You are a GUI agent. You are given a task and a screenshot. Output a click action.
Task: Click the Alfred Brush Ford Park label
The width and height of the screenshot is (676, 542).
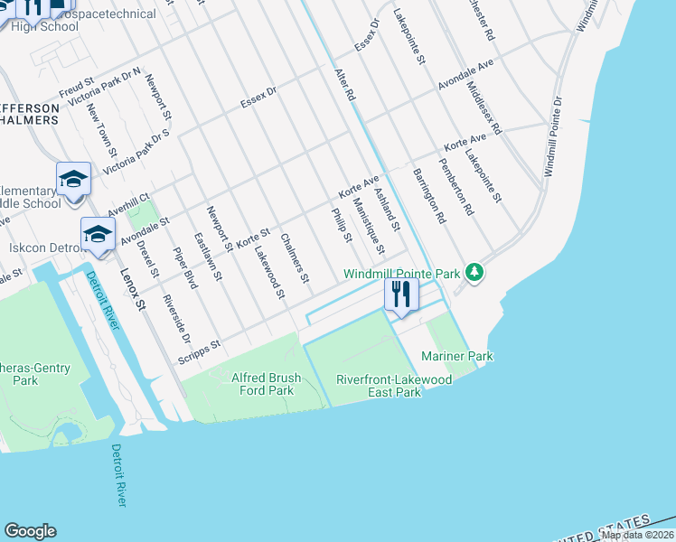[x=249, y=385]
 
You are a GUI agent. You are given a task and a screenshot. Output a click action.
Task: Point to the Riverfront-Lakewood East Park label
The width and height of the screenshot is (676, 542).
[x=393, y=387]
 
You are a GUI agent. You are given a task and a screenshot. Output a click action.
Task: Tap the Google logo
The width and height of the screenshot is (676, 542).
[x=30, y=531]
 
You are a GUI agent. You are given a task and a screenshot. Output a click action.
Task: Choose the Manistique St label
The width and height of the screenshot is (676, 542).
[x=369, y=226]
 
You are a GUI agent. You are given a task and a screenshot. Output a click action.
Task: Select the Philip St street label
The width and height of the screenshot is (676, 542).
[x=341, y=225]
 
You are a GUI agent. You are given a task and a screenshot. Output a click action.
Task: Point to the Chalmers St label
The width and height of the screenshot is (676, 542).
[x=295, y=257]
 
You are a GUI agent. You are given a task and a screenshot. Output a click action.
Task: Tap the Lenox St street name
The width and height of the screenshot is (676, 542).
[x=131, y=289]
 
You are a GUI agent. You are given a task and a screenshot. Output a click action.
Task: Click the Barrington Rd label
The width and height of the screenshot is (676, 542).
[x=429, y=195]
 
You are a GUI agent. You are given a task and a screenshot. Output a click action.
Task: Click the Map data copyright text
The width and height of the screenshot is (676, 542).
[x=637, y=535]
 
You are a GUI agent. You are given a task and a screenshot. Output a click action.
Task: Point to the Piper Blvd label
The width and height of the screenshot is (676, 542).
[x=184, y=268]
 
